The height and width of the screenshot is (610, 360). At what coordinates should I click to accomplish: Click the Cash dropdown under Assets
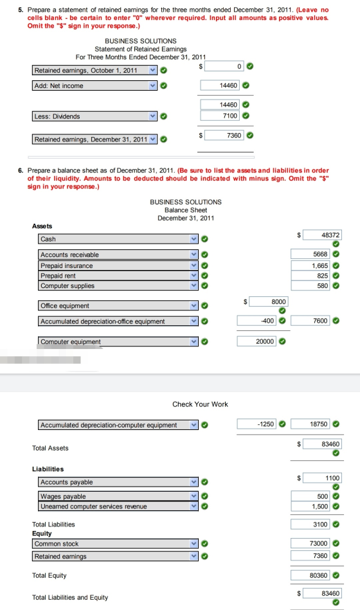pyautogui.click(x=118, y=239)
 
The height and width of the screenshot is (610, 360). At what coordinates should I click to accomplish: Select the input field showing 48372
pyautogui.click(x=322, y=235)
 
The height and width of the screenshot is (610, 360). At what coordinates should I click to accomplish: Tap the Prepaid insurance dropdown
pyautogui.click(x=118, y=265)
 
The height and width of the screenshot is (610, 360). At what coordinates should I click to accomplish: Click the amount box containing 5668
pyautogui.click(x=310, y=254)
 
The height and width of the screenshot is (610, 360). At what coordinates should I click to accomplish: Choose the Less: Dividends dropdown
pyautogui.click(x=94, y=116)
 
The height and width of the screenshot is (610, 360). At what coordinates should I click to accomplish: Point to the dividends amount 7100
pyautogui.click(x=220, y=116)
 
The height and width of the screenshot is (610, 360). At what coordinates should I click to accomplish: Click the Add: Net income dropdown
pyautogui.click(x=94, y=85)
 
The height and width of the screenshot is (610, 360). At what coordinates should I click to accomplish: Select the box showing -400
pyautogui.click(x=256, y=321)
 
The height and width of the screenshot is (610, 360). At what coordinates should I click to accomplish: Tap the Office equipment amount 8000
pyautogui.click(x=269, y=301)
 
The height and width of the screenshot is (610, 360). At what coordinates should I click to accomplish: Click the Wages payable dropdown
pyautogui.click(x=118, y=496)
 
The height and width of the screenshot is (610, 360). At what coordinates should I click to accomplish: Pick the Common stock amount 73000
pyautogui.click(x=310, y=543)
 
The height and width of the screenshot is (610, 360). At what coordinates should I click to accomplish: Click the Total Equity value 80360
pyautogui.click(x=310, y=575)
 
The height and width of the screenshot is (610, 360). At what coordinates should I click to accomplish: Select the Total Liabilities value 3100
pyautogui.click(x=310, y=524)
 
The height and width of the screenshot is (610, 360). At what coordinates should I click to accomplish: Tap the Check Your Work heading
pyautogui.click(x=200, y=404)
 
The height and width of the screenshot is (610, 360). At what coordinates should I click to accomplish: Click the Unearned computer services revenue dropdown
pyautogui.click(x=118, y=506)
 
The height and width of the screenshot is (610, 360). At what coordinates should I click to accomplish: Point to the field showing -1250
pyautogui.click(x=256, y=424)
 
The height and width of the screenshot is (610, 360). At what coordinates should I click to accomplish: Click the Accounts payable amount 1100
pyautogui.click(x=322, y=478)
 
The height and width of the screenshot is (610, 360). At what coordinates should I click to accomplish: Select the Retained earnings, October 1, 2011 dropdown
pyautogui.click(x=94, y=71)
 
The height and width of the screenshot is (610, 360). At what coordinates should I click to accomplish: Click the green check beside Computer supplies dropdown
pyautogui.click(x=204, y=285)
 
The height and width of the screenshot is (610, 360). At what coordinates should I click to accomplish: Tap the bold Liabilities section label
pyautogui.click(x=48, y=469)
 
